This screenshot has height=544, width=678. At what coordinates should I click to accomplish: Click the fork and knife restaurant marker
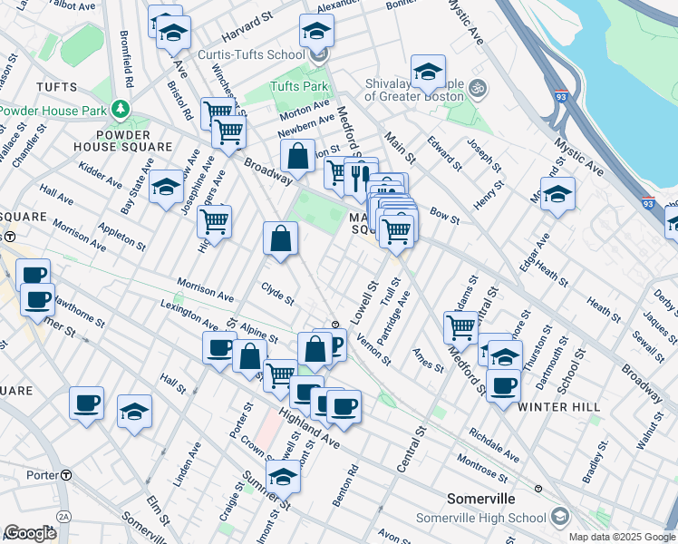click(361, 174)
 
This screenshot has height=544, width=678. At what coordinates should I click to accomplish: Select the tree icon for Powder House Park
click(120, 110)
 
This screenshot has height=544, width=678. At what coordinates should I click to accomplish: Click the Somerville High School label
click(480, 518)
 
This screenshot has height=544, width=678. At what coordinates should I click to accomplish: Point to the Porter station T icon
click(66, 475)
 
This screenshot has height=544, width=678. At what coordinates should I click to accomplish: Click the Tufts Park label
click(298, 87)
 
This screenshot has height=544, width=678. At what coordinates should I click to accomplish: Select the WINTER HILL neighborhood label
click(559, 407)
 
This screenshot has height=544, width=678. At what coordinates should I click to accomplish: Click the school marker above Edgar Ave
click(557, 195)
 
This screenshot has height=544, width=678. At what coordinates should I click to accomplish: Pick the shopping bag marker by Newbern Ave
click(297, 158)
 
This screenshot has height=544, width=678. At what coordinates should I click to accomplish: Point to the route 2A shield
click(63, 516)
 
